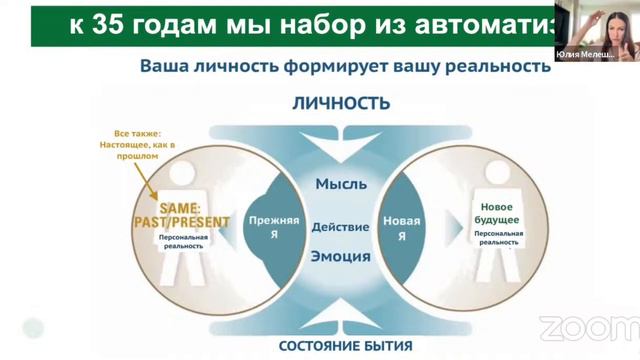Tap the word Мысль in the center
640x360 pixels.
click(x=341, y=184)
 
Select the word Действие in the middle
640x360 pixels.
click(x=341, y=226)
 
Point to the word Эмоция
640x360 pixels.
click(x=341, y=256)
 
